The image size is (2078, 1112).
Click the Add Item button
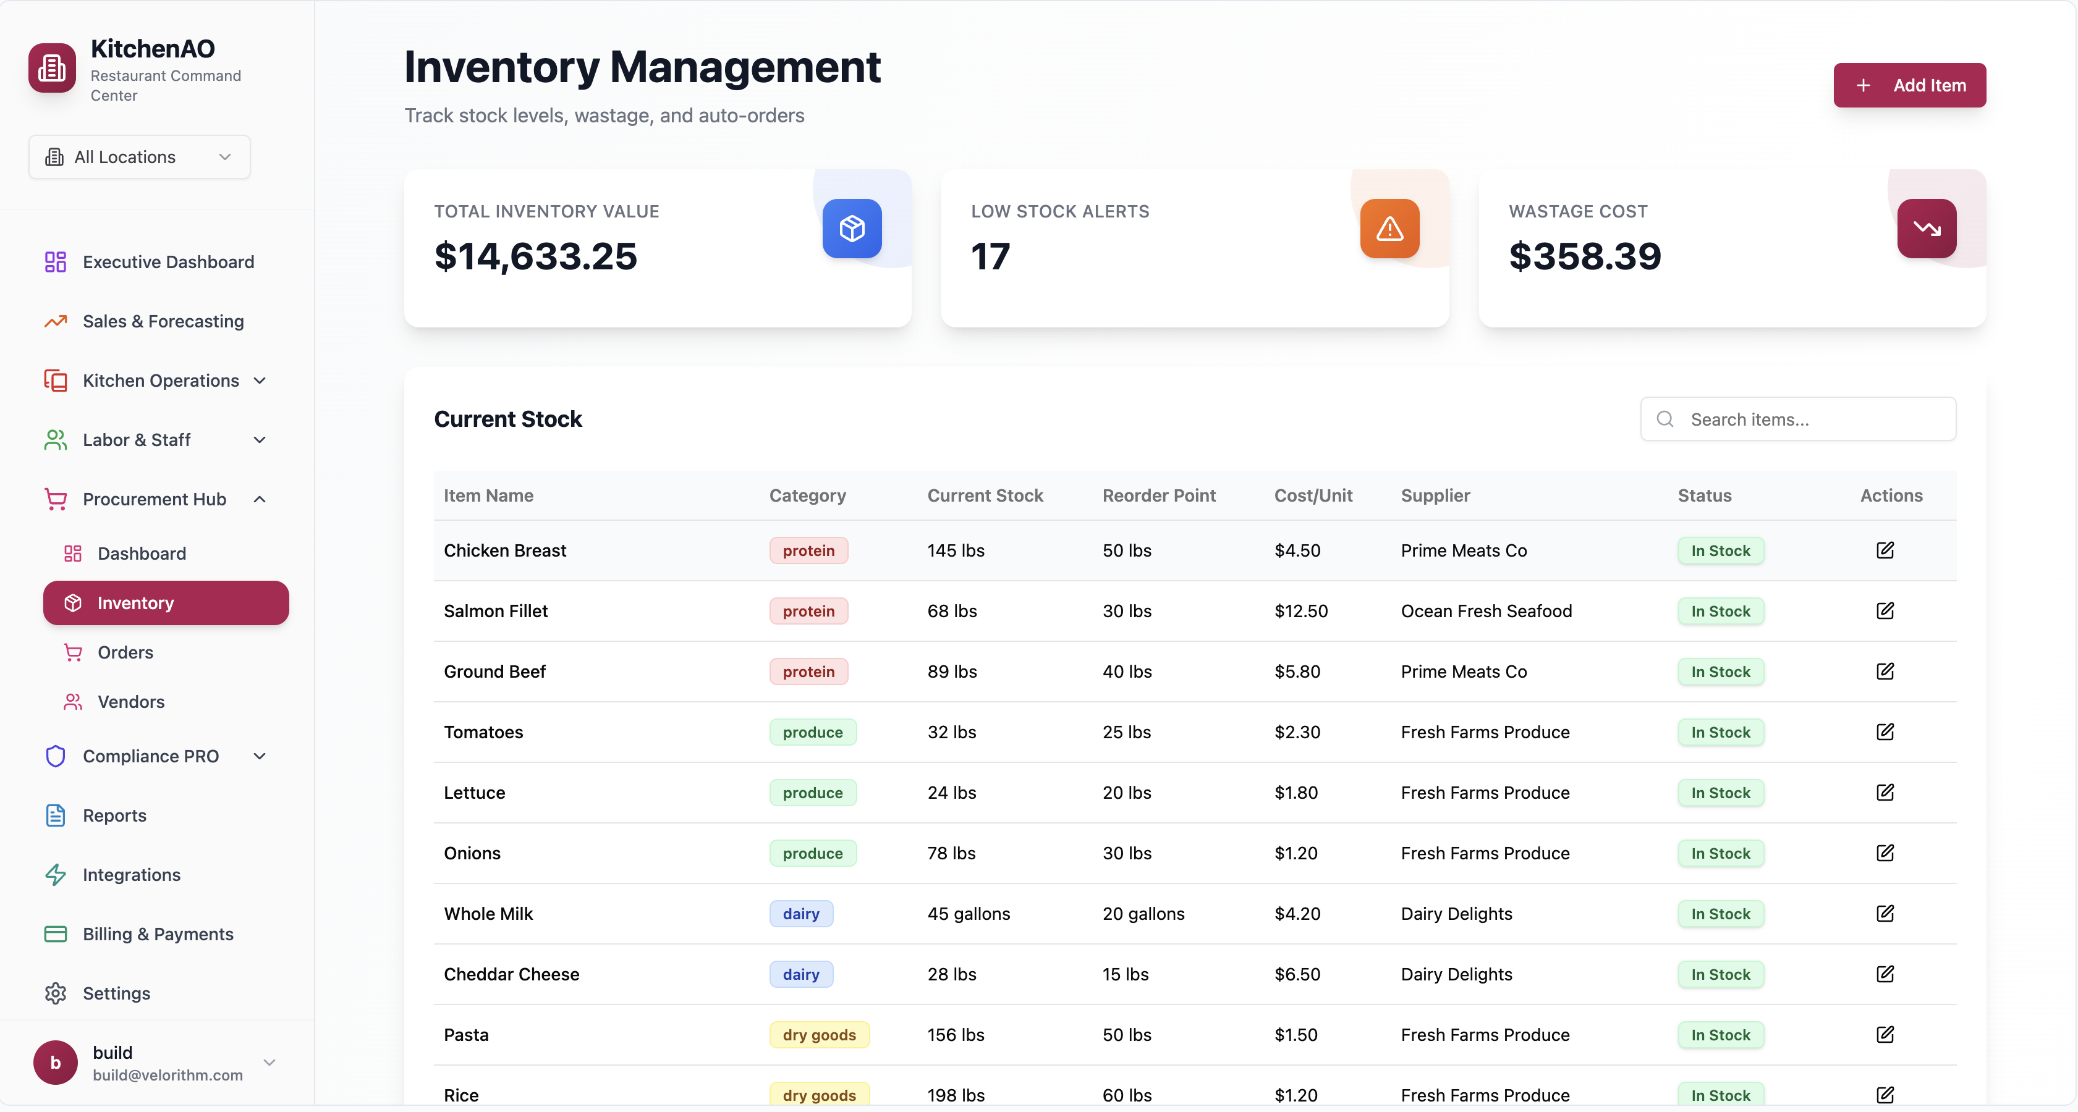[x=1909, y=85]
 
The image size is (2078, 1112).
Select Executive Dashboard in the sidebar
[x=168, y=262]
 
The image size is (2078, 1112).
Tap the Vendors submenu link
[x=130, y=702]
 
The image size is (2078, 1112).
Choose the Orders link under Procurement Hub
[x=125, y=652]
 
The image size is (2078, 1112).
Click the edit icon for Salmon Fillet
[x=1885, y=611]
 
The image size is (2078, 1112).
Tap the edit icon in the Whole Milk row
[x=1885, y=914]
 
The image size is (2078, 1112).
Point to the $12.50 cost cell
[x=1300, y=611]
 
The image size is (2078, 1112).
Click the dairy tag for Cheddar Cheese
[x=800, y=974]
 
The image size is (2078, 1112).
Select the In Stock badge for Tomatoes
[x=1720, y=732]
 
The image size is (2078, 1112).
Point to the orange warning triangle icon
[x=1389, y=229]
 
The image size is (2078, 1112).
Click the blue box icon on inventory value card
[x=852, y=229]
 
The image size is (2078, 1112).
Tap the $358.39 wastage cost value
[x=1584, y=256]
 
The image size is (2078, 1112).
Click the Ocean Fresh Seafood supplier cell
[x=1486, y=611]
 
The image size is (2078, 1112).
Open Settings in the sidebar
[x=116, y=993]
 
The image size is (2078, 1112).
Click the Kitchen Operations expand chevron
[x=260, y=381]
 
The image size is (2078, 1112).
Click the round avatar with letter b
[x=55, y=1063]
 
